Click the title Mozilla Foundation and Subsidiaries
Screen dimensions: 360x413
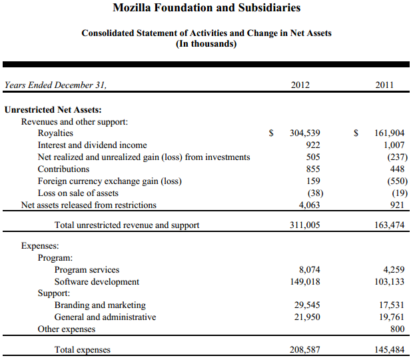[x=206, y=8]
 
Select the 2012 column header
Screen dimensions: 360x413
[x=300, y=85]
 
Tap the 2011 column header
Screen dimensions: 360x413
[x=384, y=85]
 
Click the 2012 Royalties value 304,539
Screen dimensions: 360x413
[x=305, y=133]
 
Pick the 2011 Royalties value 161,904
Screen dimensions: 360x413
[x=390, y=133]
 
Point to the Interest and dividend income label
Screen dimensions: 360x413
[x=93, y=145]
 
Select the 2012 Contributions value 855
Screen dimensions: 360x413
[x=312, y=169]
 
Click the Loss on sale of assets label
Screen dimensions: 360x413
[x=78, y=193]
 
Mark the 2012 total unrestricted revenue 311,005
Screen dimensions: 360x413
[x=305, y=225]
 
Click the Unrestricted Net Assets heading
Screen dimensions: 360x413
[x=53, y=109]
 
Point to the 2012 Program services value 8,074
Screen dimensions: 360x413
[x=309, y=270]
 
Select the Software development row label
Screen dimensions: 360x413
[x=97, y=282]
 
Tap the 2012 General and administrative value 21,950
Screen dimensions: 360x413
[x=307, y=317]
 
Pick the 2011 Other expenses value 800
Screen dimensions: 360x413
[x=398, y=329]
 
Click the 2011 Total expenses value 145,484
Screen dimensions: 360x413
[x=390, y=350]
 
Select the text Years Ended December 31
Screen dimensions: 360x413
[x=55, y=85]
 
